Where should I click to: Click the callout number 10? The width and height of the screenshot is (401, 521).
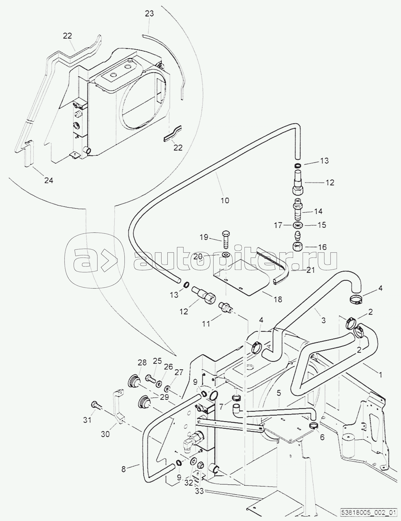tap(225, 200)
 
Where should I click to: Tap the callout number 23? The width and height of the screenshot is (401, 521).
tap(149, 14)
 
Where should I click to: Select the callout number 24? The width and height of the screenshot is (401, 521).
tap(49, 180)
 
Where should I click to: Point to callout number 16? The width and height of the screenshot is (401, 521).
tap(322, 247)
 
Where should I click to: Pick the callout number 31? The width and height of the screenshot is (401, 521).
tap(88, 420)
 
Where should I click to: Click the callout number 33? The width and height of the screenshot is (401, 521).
tap(200, 491)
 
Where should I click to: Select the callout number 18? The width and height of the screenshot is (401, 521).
tap(278, 299)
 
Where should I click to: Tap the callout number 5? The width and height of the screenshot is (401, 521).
tap(279, 393)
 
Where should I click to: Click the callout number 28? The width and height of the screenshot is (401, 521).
tap(142, 362)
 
